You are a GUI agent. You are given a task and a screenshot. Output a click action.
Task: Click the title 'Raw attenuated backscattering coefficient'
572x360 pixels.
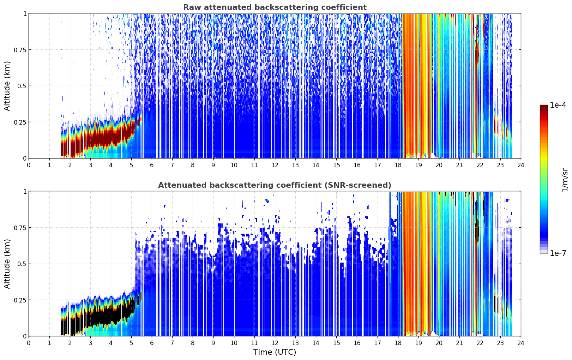pos(275,7)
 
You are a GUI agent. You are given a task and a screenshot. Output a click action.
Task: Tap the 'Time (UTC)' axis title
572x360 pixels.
pos(275,352)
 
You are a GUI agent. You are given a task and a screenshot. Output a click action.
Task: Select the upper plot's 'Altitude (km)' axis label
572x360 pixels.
pos(7,86)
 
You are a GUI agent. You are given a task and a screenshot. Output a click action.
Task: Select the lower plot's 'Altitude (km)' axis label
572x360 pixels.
pos(7,264)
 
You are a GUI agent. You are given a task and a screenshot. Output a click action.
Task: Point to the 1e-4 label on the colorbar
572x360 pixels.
pos(558,105)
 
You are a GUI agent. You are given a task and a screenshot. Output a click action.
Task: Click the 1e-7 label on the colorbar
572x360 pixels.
pos(558,253)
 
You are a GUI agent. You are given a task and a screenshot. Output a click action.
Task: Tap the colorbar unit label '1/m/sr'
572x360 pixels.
pos(565,180)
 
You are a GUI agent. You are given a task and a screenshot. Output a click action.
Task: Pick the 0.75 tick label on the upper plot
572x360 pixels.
pos(20,50)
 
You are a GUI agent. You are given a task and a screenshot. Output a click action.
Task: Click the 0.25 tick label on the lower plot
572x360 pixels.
pos(20,300)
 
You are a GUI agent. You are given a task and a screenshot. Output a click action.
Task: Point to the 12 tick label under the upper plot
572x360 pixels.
pos(275,165)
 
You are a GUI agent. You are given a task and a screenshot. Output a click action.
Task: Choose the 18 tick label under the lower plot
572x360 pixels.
pos(398,343)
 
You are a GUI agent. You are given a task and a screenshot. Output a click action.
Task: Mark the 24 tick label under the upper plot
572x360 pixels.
pos(521,165)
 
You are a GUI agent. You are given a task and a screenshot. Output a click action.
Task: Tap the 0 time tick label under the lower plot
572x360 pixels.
pos(29,343)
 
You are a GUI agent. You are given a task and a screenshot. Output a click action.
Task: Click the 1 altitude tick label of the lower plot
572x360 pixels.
pos(25,192)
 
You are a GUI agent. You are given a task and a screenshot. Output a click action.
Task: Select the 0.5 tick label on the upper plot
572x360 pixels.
pos(22,86)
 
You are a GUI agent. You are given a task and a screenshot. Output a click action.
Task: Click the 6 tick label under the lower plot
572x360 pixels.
pos(152,343)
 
